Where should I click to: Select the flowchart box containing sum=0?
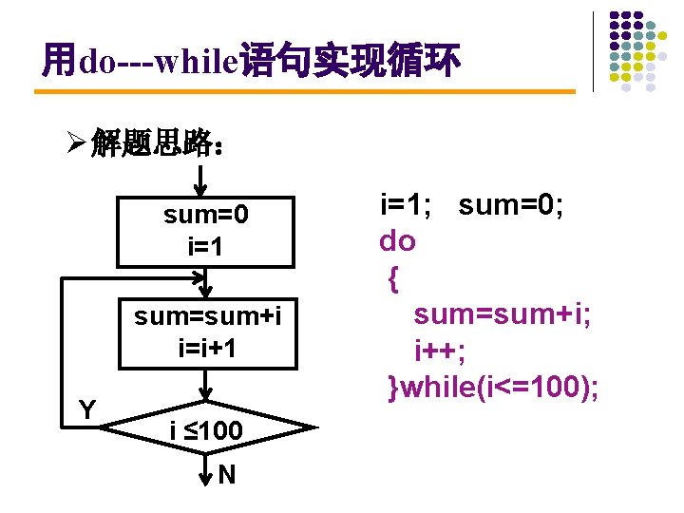coord(206,231)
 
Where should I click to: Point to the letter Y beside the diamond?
coord(87,410)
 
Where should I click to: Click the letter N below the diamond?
coord(227,474)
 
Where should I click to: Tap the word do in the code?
coord(398,241)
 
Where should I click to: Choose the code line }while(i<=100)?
coord(493,388)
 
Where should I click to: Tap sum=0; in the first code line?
coord(511,204)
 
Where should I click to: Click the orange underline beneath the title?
coord(304,92)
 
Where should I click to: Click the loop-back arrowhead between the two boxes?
coord(199,278)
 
